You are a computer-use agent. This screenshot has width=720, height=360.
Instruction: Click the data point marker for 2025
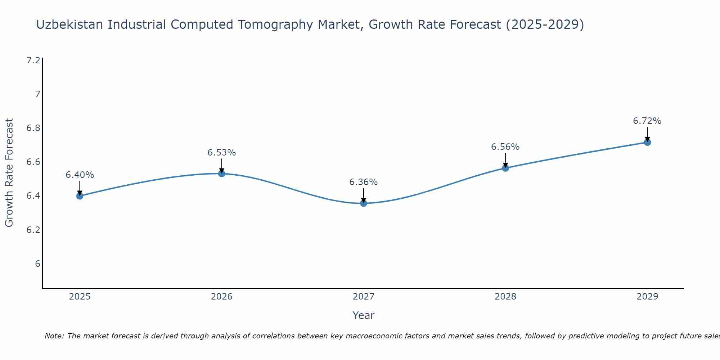click(80, 196)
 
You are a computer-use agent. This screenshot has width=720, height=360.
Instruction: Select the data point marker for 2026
click(222, 174)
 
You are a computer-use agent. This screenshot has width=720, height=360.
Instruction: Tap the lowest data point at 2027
click(364, 203)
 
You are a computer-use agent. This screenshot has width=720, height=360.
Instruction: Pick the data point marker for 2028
click(505, 168)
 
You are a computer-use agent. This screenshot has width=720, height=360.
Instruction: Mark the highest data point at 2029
click(647, 142)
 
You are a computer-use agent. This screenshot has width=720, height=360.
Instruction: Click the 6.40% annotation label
click(80, 175)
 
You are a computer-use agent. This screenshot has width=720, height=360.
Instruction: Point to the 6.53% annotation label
click(222, 153)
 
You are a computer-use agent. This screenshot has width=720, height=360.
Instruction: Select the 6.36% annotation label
click(364, 182)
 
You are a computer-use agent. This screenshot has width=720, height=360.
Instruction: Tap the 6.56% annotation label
click(505, 147)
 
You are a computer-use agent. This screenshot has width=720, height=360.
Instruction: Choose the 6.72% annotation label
click(647, 121)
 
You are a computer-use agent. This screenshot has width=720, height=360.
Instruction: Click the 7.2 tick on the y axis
click(33, 60)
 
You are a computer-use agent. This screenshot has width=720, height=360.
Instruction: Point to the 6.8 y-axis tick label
click(33, 128)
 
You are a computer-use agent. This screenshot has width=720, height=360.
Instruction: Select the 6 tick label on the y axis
click(37, 264)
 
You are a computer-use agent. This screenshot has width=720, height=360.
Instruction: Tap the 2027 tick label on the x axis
click(364, 297)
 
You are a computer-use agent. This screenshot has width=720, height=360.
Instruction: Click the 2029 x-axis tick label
click(647, 297)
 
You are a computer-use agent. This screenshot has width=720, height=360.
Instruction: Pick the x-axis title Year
click(364, 315)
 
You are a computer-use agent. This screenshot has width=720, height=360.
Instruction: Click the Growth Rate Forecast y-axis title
click(9, 173)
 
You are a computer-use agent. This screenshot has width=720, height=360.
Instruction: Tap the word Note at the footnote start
click(54, 336)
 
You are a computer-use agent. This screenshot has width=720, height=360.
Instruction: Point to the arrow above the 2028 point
click(505, 160)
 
